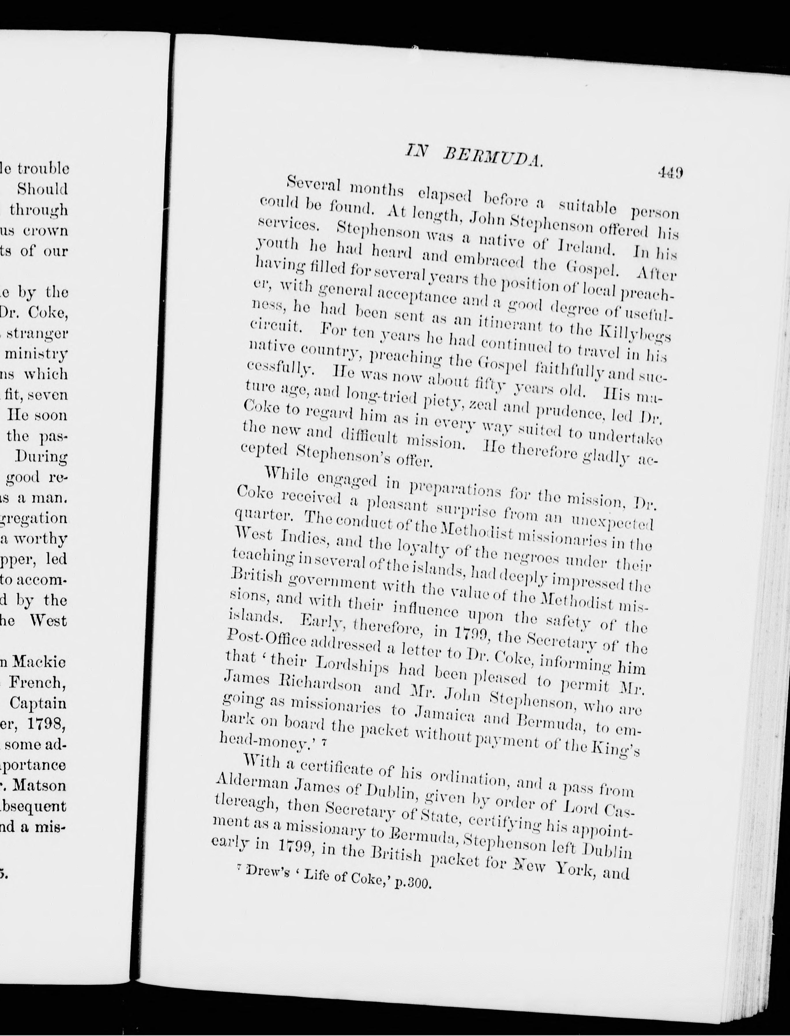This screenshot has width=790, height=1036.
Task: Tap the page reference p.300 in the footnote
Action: click(x=413, y=883)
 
